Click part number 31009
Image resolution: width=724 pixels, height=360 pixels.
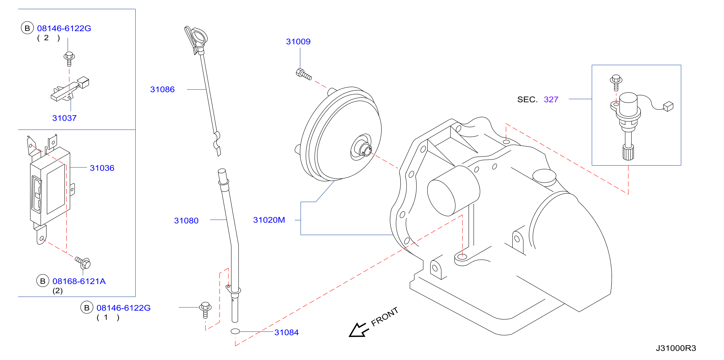pyautogui.click(x=298, y=42)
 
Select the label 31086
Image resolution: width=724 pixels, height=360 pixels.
pyautogui.click(x=162, y=90)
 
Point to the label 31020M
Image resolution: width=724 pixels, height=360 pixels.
pyautogui.click(x=269, y=220)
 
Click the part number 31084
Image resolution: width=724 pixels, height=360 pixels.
pyautogui.click(x=286, y=332)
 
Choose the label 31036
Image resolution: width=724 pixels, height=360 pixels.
pyautogui.click(x=102, y=168)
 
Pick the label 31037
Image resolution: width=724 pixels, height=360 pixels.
pyautogui.click(x=64, y=118)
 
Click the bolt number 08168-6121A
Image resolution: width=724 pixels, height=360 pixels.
pyautogui.click(x=79, y=281)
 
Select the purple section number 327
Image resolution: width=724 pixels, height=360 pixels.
pyautogui.click(x=551, y=99)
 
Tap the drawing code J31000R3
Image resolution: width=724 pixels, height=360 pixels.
pyautogui.click(x=676, y=348)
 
